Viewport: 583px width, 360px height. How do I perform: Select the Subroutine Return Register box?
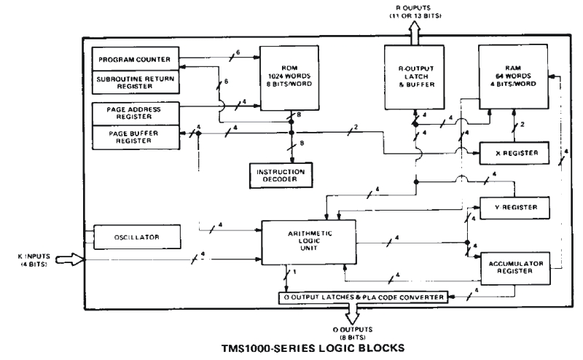(x=136, y=82)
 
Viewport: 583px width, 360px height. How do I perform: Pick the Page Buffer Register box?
(x=136, y=136)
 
